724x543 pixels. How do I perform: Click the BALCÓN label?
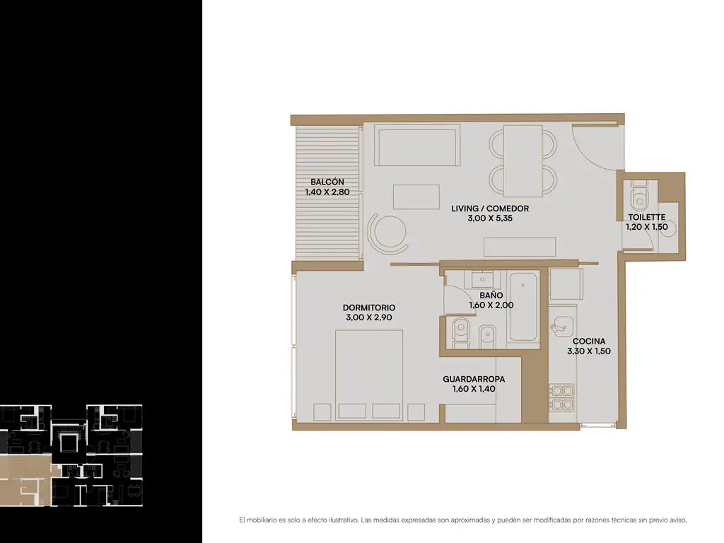point(327,182)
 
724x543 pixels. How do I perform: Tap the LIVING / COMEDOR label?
point(490,209)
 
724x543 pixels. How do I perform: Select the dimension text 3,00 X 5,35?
point(490,218)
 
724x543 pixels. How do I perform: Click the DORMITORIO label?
point(369,308)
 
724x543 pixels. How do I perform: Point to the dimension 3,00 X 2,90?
point(369,317)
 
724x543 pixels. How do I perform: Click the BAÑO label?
point(491,295)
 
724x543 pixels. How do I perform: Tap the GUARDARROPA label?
point(474,379)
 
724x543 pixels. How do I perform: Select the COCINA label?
point(589,341)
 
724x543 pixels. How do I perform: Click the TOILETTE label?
point(646,217)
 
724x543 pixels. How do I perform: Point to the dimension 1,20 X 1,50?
point(646,227)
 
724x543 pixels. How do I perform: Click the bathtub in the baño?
point(523,307)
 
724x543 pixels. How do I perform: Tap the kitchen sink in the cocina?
point(562,325)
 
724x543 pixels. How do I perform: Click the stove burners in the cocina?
point(561,398)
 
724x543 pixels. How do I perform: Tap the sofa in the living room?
point(416,147)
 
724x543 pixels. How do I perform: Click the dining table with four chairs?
point(522,161)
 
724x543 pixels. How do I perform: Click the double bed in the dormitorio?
point(369,375)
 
